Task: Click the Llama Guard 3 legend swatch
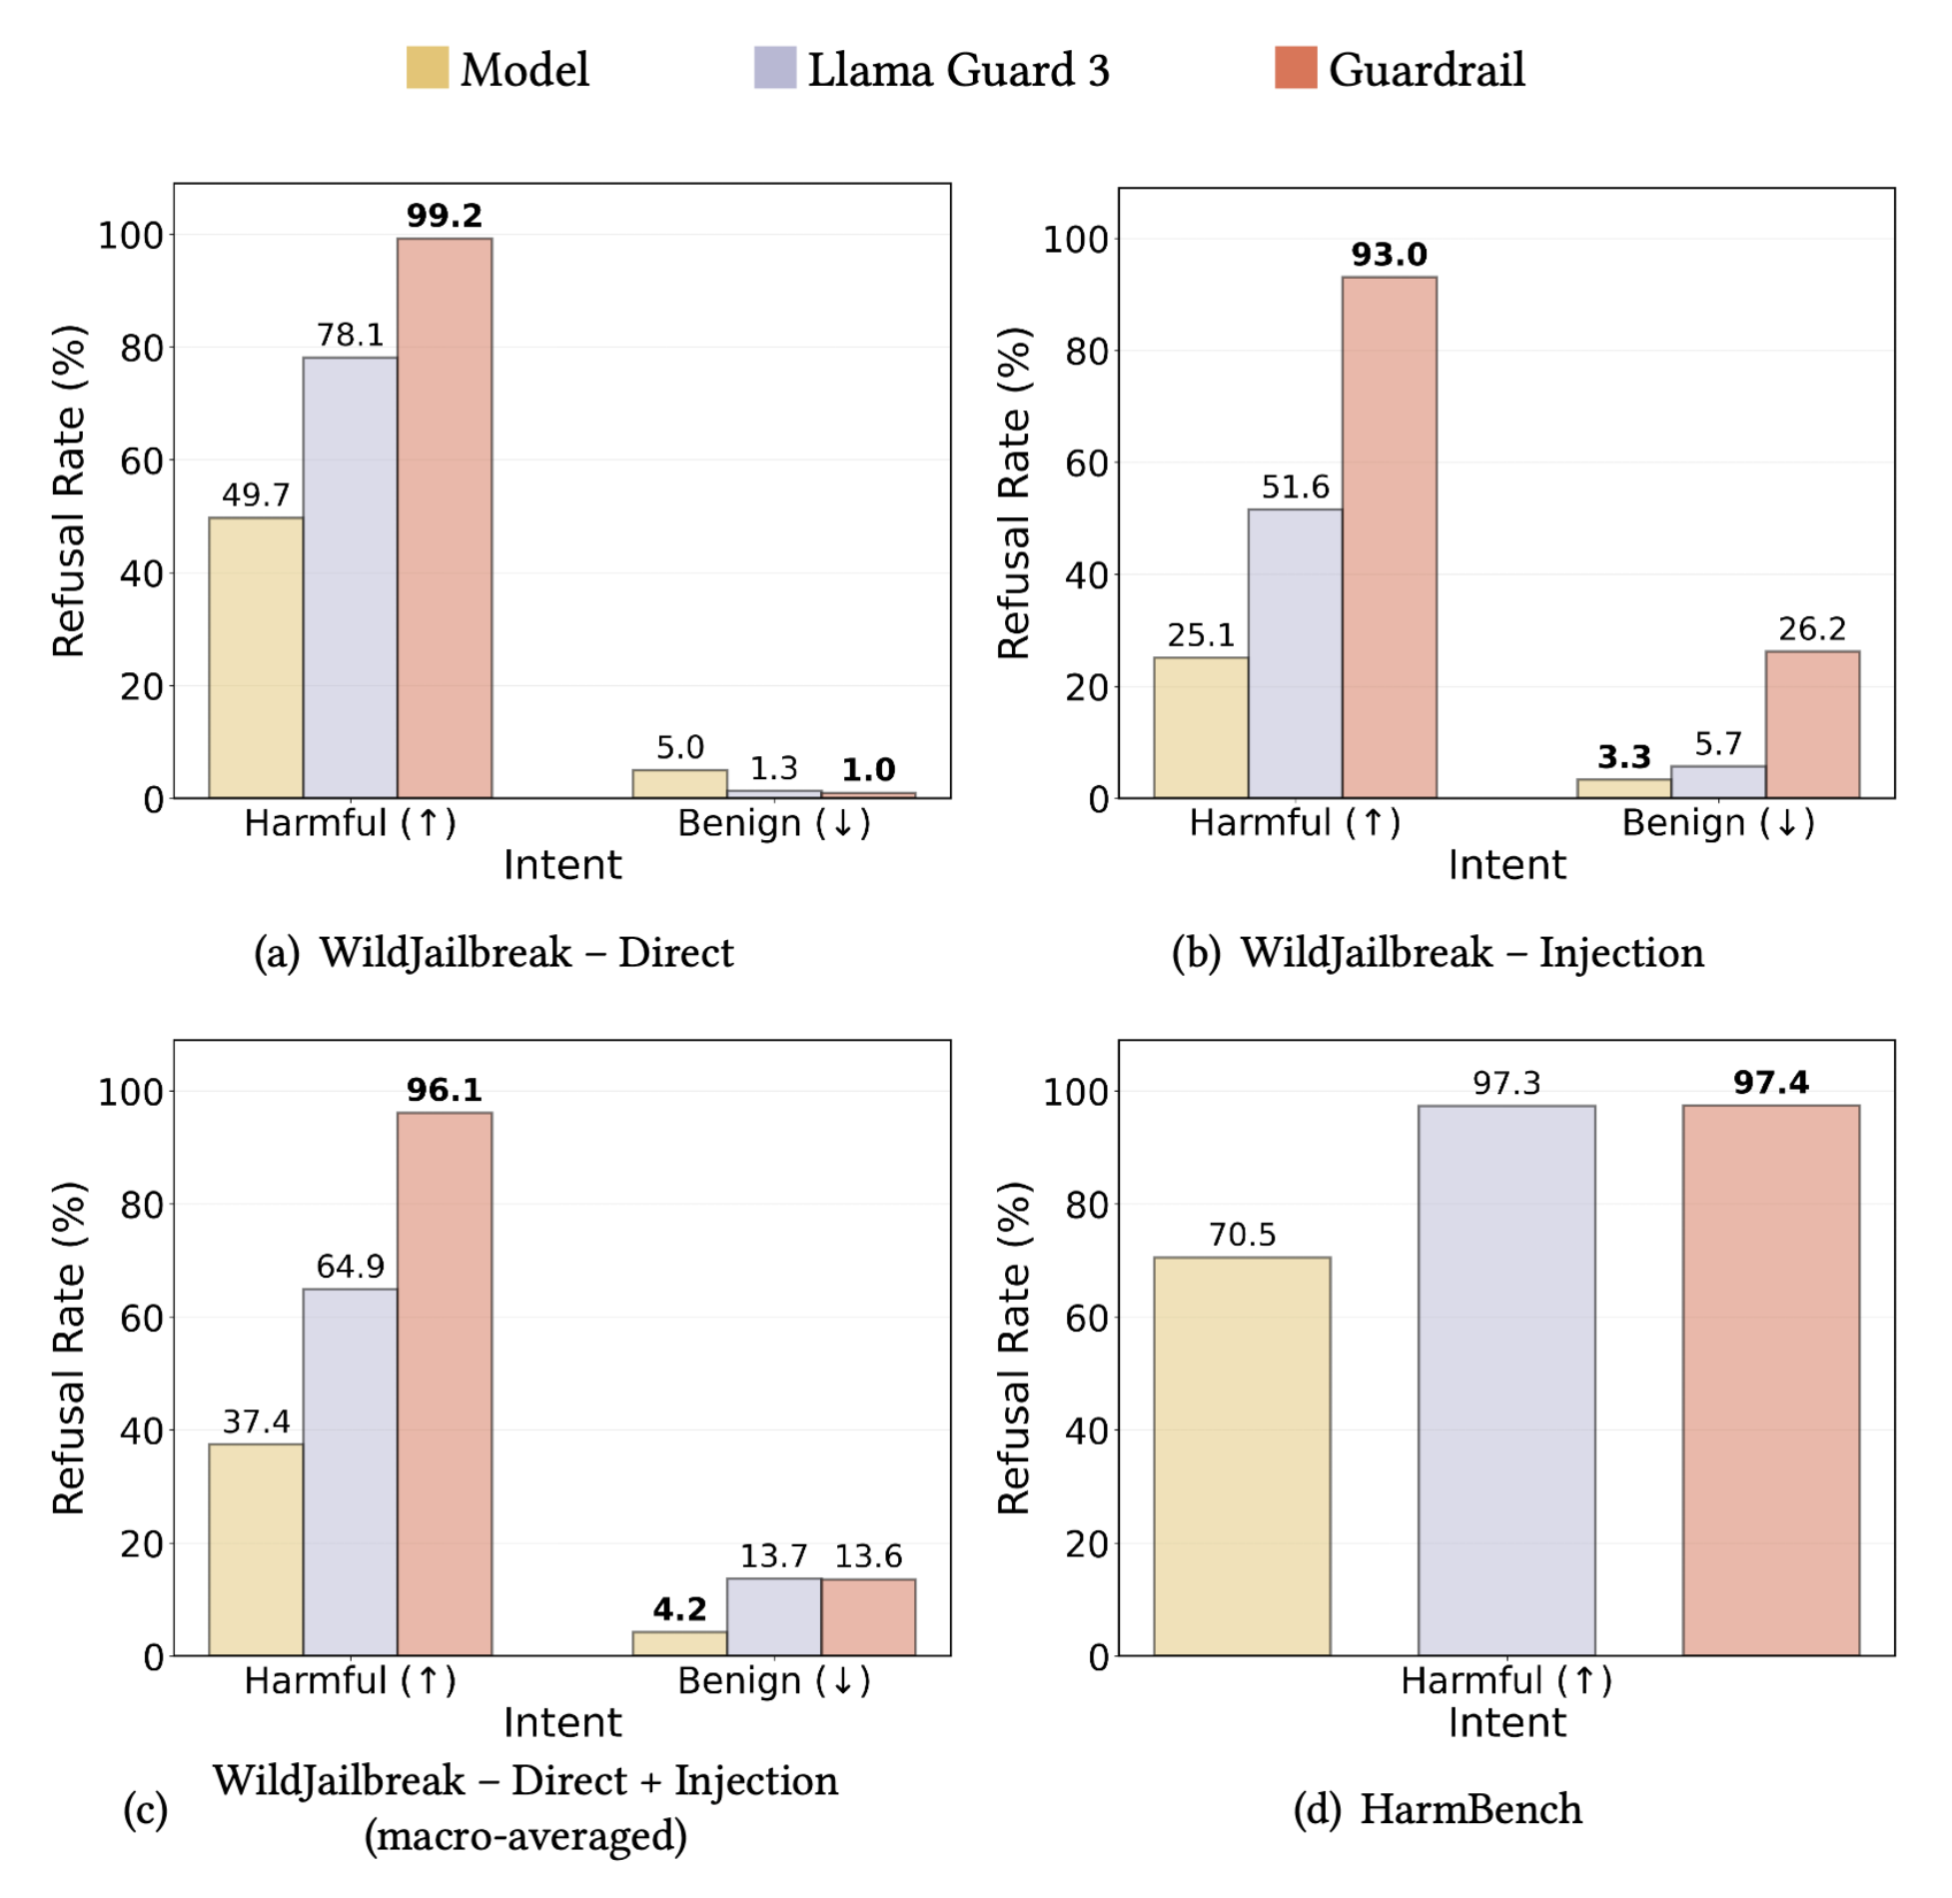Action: click(774, 68)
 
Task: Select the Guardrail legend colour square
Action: click(1296, 68)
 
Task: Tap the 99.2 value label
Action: click(445, 216)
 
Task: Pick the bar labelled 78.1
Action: click(350, 577)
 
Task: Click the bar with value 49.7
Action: click(256, 657)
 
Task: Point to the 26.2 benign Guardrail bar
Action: click(1811, 724)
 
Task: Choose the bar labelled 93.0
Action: click(1389, 537)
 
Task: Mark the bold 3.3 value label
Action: click(1623, 757)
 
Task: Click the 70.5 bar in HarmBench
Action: click(1242, 1456)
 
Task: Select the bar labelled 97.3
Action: click(1505, 1381)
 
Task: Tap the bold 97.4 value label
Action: click(1770, 1083)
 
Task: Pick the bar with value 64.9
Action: click(350, 1472)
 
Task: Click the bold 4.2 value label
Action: click(679, 1609)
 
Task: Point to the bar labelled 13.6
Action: click(868, 1617)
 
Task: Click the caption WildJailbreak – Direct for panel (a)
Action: click(525, 952)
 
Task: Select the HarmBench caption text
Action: click(1470, 1809)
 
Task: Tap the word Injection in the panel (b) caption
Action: click(1621, 952)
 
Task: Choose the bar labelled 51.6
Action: click(1295, 653)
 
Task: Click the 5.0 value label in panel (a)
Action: click(679, 747)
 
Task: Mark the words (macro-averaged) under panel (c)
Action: click(525, 1836)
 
